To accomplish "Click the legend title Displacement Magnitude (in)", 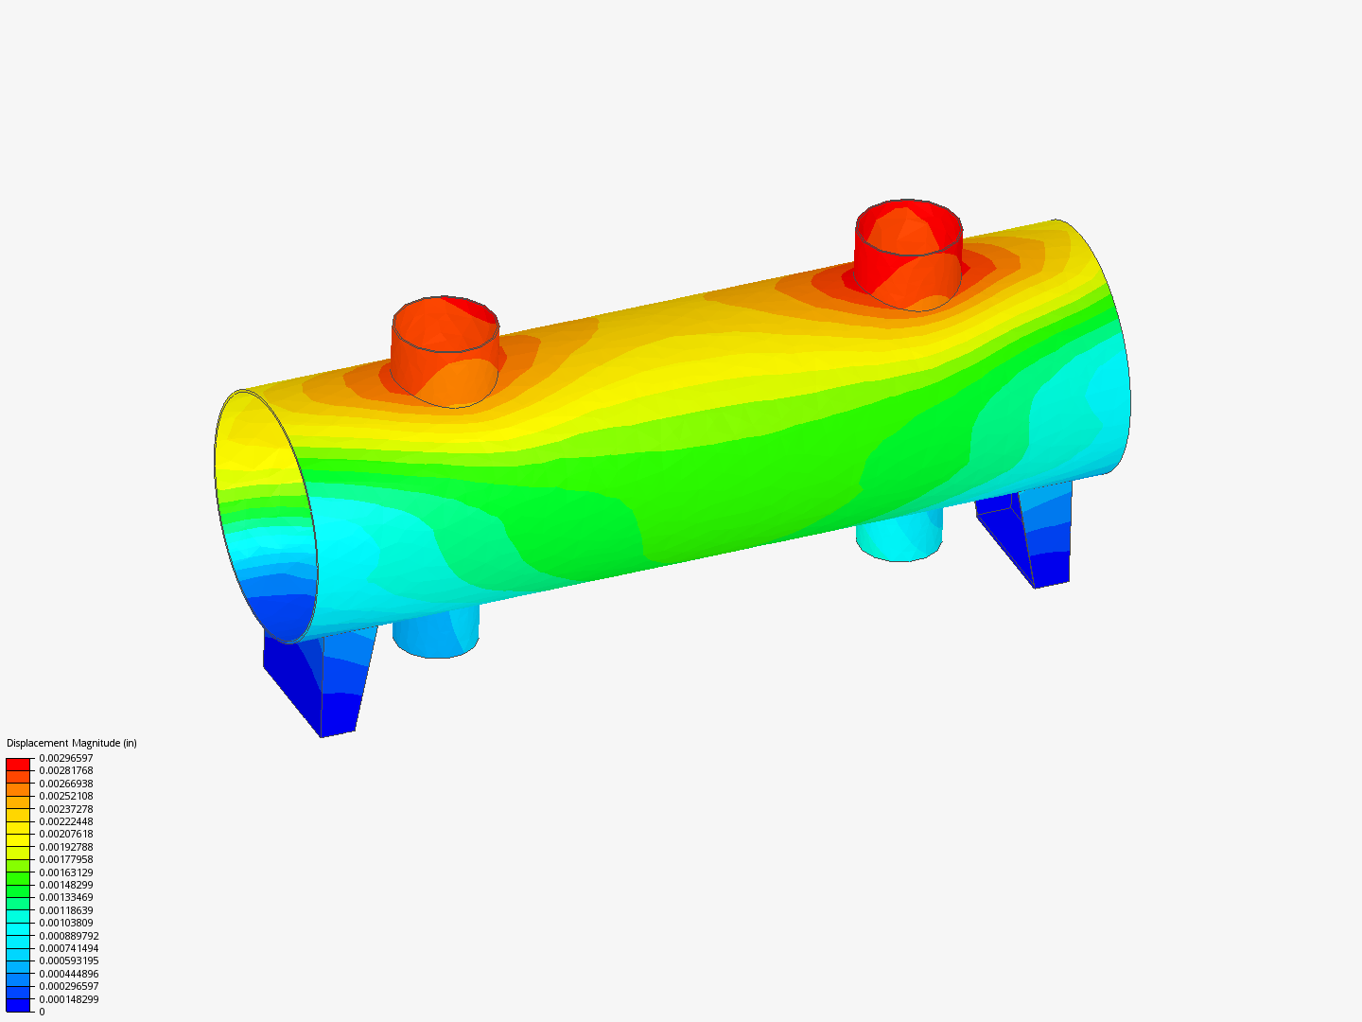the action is pos(71,743).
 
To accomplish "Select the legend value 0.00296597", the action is pos(66,758).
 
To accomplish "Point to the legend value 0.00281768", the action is pos(66,770).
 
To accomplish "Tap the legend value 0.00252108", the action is pos(66,796).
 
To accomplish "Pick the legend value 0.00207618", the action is pos(66,834).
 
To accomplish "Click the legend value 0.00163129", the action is pos(66,872).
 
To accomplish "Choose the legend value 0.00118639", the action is pos(66,910).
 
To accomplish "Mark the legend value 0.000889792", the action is pos(69,936).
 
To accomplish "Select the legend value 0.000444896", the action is pos(69,974).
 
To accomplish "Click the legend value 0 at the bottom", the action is pos(42,1012).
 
